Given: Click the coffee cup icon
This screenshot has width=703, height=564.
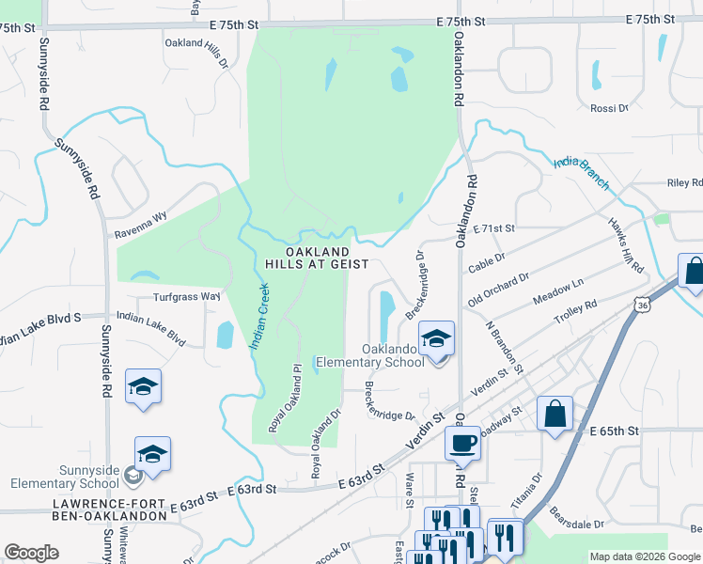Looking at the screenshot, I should pyautogui.click(x=461, y=443).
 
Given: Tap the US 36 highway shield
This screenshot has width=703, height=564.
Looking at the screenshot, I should pyautogui.click(x=641, y=305).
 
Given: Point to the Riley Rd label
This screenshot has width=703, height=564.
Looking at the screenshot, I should pyautogui.click(x=684, y=183).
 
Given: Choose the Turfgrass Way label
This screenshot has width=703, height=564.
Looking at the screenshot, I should pyautogui.click(x=186, y=297).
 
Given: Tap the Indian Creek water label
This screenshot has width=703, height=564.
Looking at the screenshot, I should pyautogui.click(x=260, y=316).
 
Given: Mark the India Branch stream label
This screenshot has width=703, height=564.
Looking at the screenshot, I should pyautogui.click(x=581, y=172).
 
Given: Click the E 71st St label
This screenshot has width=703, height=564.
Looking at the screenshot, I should pyautogui.click(x=495, y=228).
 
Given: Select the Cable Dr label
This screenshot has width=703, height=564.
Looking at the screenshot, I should pyautogui.click(x=487, y=261).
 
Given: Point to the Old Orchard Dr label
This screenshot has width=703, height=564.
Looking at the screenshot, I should pyautogui.click(x=498, y=290).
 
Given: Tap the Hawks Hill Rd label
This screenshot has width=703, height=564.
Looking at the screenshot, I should pyautogui.click(x=625, y=245).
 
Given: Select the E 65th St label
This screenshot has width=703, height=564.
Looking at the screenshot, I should pyautogui.click(x=616, y=430).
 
